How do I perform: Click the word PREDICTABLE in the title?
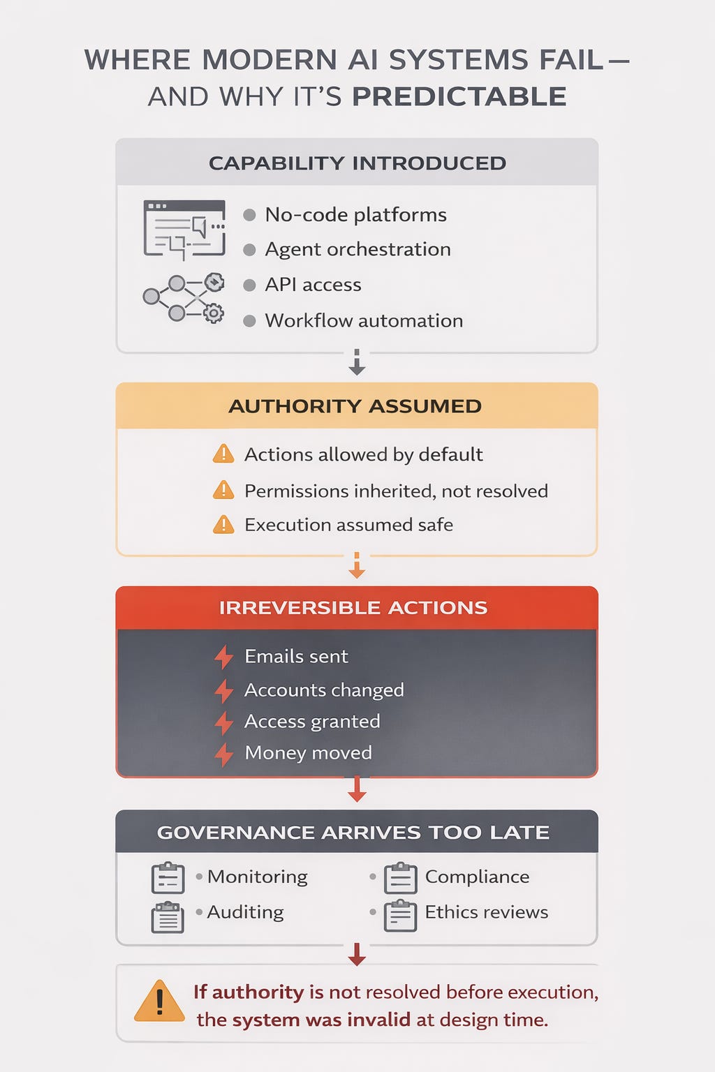coord(459,96)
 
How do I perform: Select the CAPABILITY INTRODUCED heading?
coord(357,163)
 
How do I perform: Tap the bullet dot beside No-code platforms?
coord(249,215)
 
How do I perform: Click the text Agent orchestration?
coord(357,249)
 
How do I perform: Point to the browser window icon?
coord(184,230)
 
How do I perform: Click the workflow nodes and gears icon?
coord(184,297)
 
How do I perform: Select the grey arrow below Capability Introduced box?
coord(357,362)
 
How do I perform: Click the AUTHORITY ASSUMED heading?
coord(355,406)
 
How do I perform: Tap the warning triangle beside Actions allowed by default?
coord(223,454)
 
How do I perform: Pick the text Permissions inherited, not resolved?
coord(396,491)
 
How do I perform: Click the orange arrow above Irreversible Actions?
coord(357,565)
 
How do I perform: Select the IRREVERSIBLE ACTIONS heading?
coord(353,608)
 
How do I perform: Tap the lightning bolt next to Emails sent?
coord(223,657)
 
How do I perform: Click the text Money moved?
coord(309,753)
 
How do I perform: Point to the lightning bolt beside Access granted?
coord(223,722)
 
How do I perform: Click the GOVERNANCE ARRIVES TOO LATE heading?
coord(353,833)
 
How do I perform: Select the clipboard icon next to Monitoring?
coord(168,878)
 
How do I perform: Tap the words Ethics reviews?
coord(487,912)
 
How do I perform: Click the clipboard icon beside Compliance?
coord(400,878)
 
